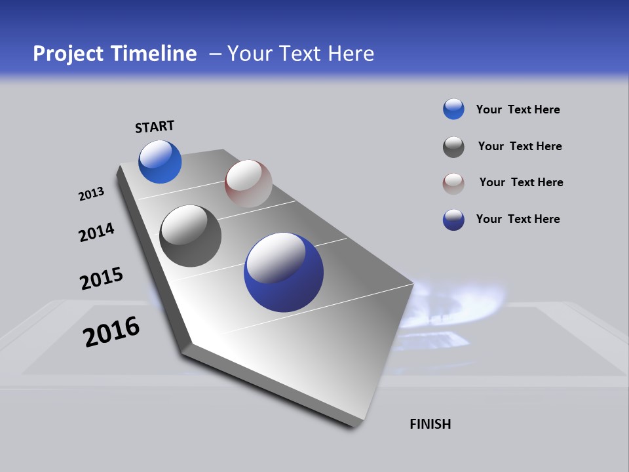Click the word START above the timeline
click(155, 127)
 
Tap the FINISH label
click(430, 424)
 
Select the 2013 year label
click(91, 194)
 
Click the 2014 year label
click(96, 232)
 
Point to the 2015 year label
click(101, 279)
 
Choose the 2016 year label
click(111, 332)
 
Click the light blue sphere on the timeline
click(160, 162)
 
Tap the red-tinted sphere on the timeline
click(248, 184)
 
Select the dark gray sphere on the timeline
click(191, 236)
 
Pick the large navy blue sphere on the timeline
click(284, 272)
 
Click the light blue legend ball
click(453, 109)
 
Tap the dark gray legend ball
click(453, 147)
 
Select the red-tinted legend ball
click(453, 184)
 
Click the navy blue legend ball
click(453, 220)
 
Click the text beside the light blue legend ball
click(518, 109)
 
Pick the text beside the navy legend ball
click(518, 219)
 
